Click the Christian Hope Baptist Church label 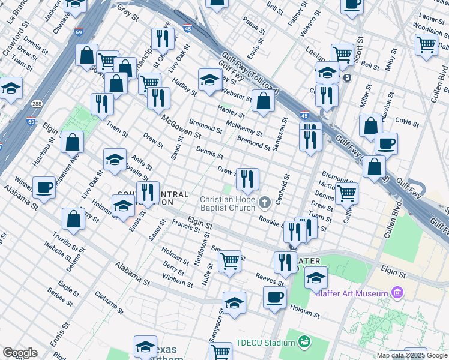tap(227, 203)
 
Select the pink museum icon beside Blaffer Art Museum tap(396, 293)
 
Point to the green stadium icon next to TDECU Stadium tap(305, 342)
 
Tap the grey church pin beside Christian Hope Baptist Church tap(265, 202)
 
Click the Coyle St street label tap(408, 122)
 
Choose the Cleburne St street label tap(109, 304)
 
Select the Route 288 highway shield tap(37, 104)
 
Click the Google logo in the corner tap(20, 353)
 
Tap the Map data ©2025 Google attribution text tap(411, 355)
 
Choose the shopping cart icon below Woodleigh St tap(426, 44)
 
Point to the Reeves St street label tap(269, 280)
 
